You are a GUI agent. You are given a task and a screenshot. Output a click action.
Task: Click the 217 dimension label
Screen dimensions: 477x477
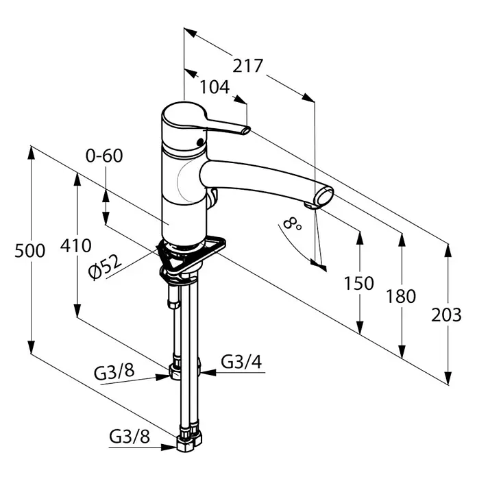coord(247,66)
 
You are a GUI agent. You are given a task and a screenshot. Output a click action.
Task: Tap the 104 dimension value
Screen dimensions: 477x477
coord(215,87)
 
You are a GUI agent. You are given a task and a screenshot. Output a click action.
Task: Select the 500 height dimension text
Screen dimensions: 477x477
coord(30,251)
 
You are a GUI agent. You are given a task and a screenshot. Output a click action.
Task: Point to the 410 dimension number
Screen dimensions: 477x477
coord(76,245)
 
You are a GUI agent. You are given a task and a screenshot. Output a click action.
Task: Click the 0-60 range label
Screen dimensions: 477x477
coord(104,156)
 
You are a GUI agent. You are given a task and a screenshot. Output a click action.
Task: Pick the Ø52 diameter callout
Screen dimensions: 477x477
coord(105,266)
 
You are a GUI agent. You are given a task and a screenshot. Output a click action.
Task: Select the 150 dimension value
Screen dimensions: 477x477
coord(359,283)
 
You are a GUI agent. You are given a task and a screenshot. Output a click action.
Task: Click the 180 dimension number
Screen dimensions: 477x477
coord(401,296)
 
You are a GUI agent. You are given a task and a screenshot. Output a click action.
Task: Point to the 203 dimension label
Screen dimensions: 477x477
coord(446,315)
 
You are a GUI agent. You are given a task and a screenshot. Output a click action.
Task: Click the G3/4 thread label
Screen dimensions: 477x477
coord(241,362)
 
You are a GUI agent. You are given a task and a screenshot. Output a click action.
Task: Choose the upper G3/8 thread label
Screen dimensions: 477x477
coord(114,372)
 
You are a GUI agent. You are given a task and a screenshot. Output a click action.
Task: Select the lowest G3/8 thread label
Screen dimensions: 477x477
coord(130,437)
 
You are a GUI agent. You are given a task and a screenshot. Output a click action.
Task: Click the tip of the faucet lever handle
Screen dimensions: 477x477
coord(247,130)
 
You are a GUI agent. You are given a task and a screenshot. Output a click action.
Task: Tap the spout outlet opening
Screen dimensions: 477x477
coord(325,197)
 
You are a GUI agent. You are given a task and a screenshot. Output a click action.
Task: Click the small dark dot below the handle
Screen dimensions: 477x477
coord(200,141)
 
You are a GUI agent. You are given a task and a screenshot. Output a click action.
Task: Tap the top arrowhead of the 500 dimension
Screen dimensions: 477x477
coord(31,152)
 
